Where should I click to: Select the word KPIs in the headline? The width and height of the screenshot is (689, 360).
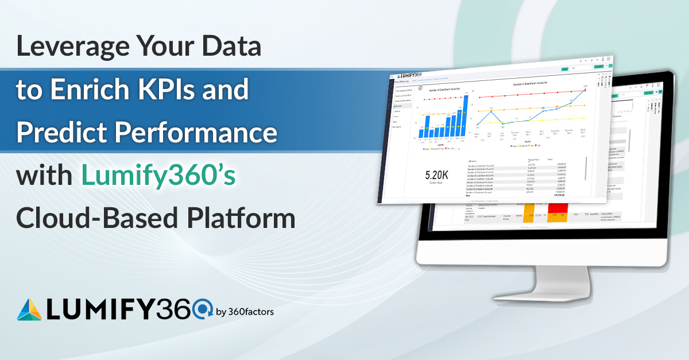[164, 91]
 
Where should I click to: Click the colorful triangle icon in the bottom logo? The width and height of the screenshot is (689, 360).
[30, 309]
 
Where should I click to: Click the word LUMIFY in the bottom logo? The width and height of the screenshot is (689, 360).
[100, 309]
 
